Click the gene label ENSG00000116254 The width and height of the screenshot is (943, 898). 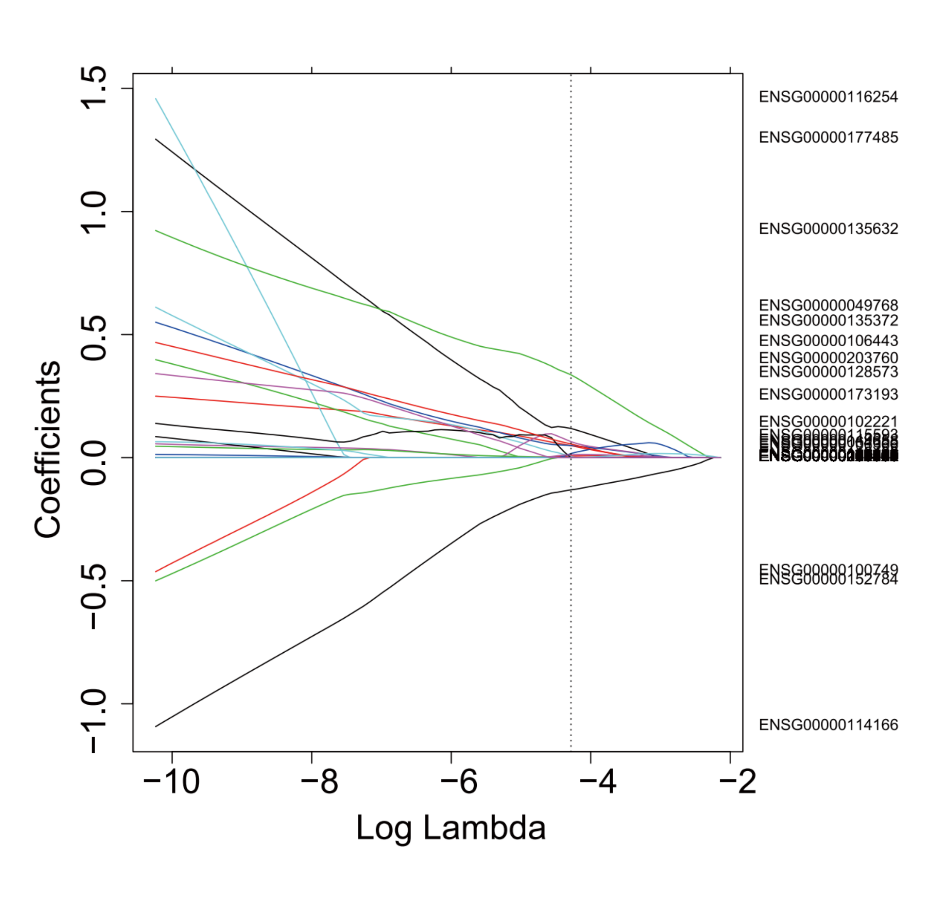pos(828,97)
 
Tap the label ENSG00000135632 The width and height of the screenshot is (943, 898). pos(828,229)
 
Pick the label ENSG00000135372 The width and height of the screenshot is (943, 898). pos(828,320)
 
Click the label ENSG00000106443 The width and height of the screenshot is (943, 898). pos(828,341)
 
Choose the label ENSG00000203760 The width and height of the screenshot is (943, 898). pos(828,358)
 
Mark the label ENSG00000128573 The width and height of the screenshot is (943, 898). pos(828,372)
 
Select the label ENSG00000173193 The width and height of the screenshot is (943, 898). pos(828,395)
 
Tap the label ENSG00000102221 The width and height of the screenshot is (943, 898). pos(828,421)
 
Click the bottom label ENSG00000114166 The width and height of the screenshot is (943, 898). pos(828,725)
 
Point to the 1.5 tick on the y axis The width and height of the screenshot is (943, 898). pos(94,89)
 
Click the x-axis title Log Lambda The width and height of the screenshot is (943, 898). pos(450,829)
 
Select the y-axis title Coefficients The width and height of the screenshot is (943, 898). pos(47,449)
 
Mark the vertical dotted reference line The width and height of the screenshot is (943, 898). pos(571,622)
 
